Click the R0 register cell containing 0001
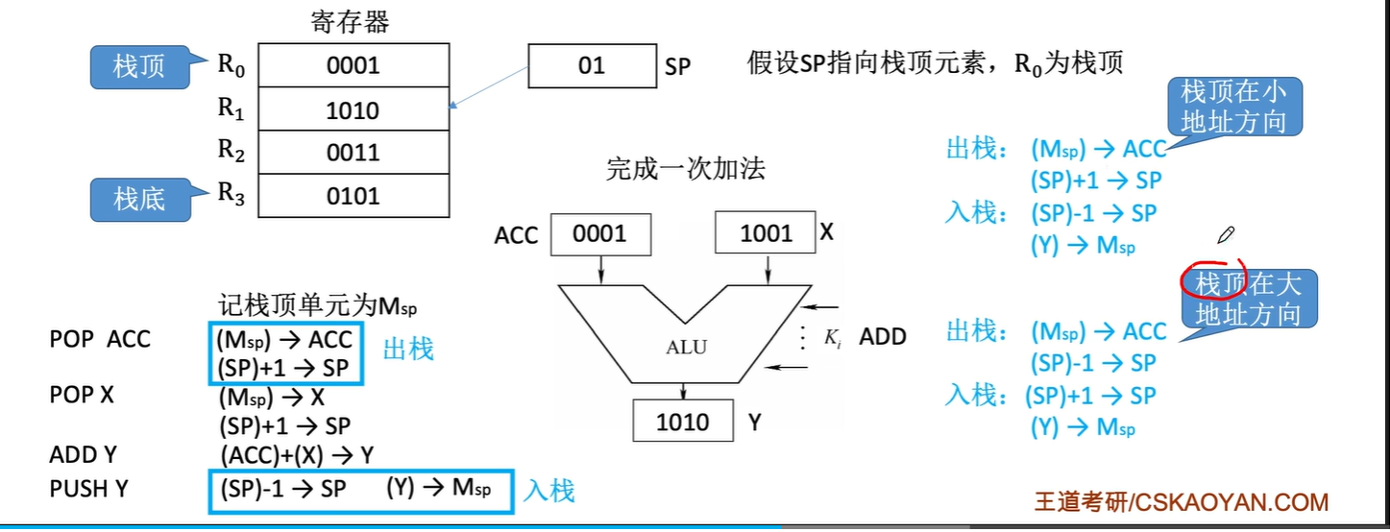[354, 65]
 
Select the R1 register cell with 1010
[354, 109]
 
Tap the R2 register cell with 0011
[354, 153]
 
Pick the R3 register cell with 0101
[354, 196]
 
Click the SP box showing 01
[592, 65]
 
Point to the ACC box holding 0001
[600, 234]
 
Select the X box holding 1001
[765, 232]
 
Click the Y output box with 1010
[683, 421]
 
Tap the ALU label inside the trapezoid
[686, 347]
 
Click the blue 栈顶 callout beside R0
[140, 66]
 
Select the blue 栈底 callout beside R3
[140, 199]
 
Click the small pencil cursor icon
[1226, 235]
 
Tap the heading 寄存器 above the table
[350, 22]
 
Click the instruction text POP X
[82, 395]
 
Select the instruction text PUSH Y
[88, 489]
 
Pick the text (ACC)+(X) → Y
[297, 456]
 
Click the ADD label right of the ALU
[883, 336]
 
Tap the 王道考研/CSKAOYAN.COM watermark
[1182, 502]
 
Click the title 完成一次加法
[686, 169]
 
